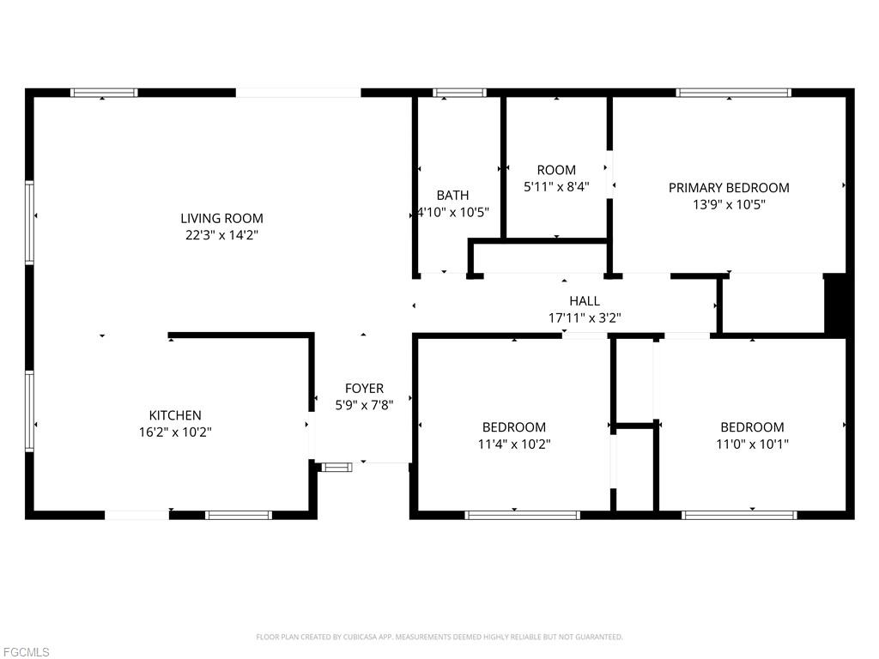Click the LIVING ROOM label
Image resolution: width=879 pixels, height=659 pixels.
coord(221,218)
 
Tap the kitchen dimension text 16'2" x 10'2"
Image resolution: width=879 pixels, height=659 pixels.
coord(175,432)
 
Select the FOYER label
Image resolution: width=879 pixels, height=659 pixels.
coord(364,389)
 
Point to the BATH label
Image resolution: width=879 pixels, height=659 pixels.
coord(452,195)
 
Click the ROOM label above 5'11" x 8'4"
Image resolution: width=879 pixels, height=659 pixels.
coord(556,170)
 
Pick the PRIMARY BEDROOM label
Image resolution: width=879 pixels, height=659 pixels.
coord(729,188)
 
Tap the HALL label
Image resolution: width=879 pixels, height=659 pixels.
coord(585,301)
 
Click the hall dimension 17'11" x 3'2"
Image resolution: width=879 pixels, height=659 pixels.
coord(585,318)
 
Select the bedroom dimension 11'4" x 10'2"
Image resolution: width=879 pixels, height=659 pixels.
coord(514,444)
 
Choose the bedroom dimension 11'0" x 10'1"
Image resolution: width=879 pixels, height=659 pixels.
coord(752,444)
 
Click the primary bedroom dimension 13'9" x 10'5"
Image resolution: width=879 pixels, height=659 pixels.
coord(729,204)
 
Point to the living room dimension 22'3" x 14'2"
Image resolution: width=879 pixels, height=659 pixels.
coord(221,235)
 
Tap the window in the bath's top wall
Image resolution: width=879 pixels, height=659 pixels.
coord(459,93)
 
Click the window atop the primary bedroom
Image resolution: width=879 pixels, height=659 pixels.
coord(733,93)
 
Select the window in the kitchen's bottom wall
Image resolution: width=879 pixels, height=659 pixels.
coord(239,515)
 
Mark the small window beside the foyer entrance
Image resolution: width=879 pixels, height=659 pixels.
coord(336,467)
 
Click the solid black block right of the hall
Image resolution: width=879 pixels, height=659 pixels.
coord(835,305)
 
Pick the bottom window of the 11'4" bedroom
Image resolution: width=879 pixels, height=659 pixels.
coord(522,515)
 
